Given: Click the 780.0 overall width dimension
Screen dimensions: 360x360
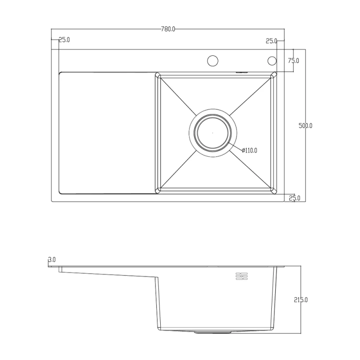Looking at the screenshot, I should coord(167,29).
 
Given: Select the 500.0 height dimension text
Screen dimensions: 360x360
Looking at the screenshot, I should coord(306,126).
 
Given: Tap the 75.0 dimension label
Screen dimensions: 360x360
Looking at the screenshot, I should coord(294,60).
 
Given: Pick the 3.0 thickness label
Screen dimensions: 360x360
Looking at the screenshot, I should coord(51,260).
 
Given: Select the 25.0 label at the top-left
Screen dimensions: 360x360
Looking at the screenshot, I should coord(63,40).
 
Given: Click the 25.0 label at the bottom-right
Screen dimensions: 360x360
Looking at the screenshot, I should coord(294,198).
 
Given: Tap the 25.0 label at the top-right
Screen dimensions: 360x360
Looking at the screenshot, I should coord(272,41).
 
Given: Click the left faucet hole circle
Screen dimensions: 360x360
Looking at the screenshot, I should coord(212,60).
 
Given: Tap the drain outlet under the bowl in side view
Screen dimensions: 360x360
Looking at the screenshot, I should coord(212,333).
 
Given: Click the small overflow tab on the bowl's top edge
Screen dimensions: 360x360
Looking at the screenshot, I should coord(242,71).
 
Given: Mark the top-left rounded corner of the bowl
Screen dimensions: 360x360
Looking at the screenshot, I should coord(158,75).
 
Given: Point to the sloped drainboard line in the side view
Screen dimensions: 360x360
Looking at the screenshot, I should coord(108,274).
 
